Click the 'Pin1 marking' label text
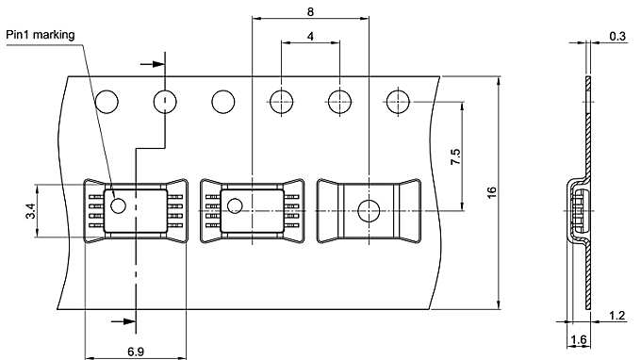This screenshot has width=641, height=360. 40,35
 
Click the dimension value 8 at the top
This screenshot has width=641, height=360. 311,12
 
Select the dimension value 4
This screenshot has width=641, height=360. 311,37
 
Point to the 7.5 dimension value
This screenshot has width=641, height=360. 455,156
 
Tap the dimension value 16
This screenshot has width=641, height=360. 492,192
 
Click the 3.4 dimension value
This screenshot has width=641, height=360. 31,211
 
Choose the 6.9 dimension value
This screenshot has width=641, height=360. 136,352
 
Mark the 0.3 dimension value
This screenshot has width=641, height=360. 617,36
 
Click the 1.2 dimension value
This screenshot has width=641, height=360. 616,316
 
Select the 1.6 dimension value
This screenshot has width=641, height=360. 579,339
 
